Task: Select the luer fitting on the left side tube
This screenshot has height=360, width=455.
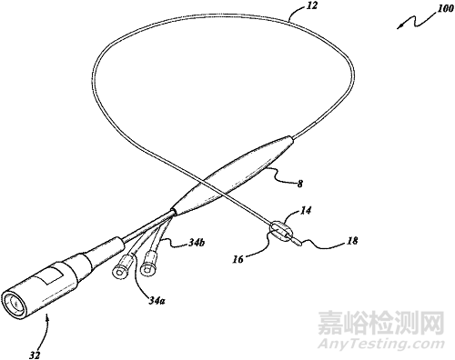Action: pos(120,271)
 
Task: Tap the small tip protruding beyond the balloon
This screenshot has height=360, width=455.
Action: pos(304,241)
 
